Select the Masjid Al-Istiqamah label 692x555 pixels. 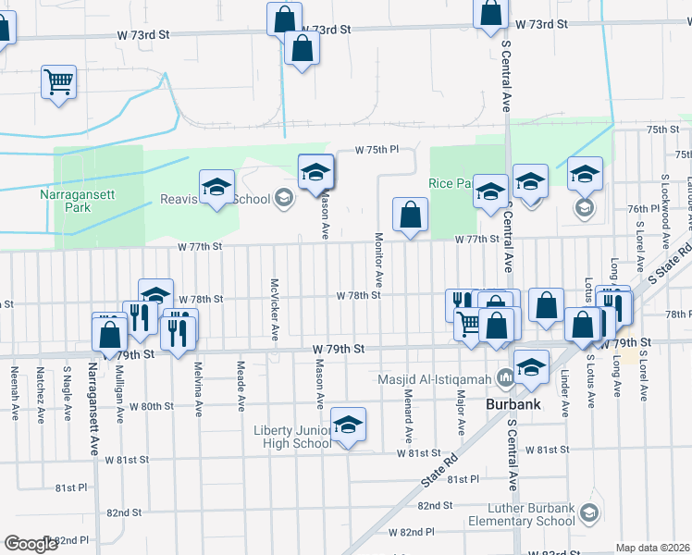(x=436, y=378)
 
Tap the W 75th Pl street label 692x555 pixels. (x=378, y=149)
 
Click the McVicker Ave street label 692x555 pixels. (x=275, y=308)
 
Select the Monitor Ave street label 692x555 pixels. (x=379, y=258)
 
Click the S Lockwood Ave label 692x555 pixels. (x=664, y=203)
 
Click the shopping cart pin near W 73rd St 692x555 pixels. (x=58, y=81)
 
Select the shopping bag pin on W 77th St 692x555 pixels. (x=409, y=215)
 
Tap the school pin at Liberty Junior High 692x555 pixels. (x=348, y=425)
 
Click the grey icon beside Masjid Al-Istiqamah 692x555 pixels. (x=505, y=378)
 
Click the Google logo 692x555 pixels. (x=31, y=544)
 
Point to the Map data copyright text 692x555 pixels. (x=653, y=548)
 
